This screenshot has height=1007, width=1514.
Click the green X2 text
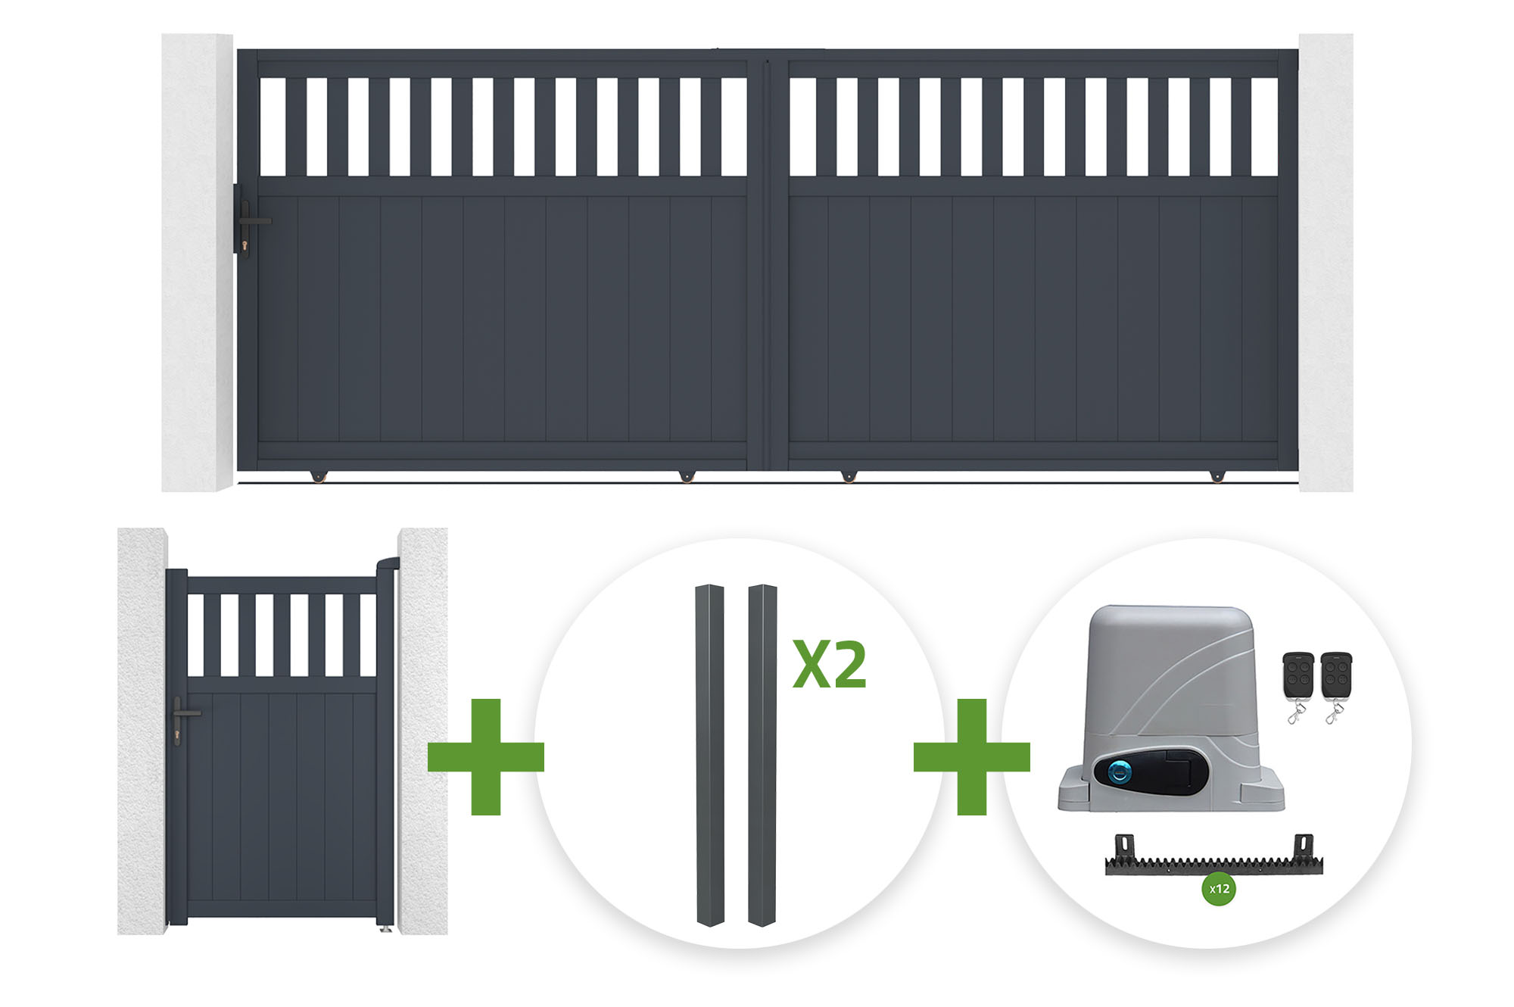tap(830, 665)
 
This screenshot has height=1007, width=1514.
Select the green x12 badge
tap(1219, 889)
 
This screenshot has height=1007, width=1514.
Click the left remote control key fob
tap(1297, 685)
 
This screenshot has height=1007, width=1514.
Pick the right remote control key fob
tap(1336, 685)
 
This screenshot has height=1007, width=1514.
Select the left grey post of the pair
tap(710, 755)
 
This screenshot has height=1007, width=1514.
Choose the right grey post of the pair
tap(762, 755)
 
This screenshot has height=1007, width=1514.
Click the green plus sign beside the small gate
tap(486, 756)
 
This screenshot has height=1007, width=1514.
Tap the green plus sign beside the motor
tap(972, 756)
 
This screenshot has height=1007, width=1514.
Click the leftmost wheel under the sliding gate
tap(318, 476)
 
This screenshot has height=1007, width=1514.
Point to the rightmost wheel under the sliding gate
tap(1216, 476)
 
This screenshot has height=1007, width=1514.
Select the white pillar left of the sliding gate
tap(198, 262)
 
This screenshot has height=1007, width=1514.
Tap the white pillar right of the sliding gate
tap(1326, 262)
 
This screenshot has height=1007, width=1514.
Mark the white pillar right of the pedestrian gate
tap(422, 731)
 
